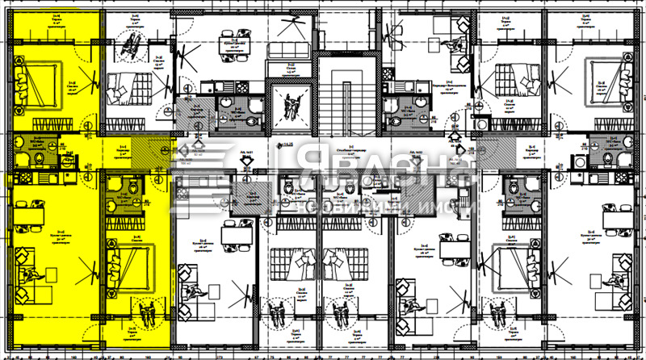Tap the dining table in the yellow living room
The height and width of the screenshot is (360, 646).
tap(31, 214)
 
